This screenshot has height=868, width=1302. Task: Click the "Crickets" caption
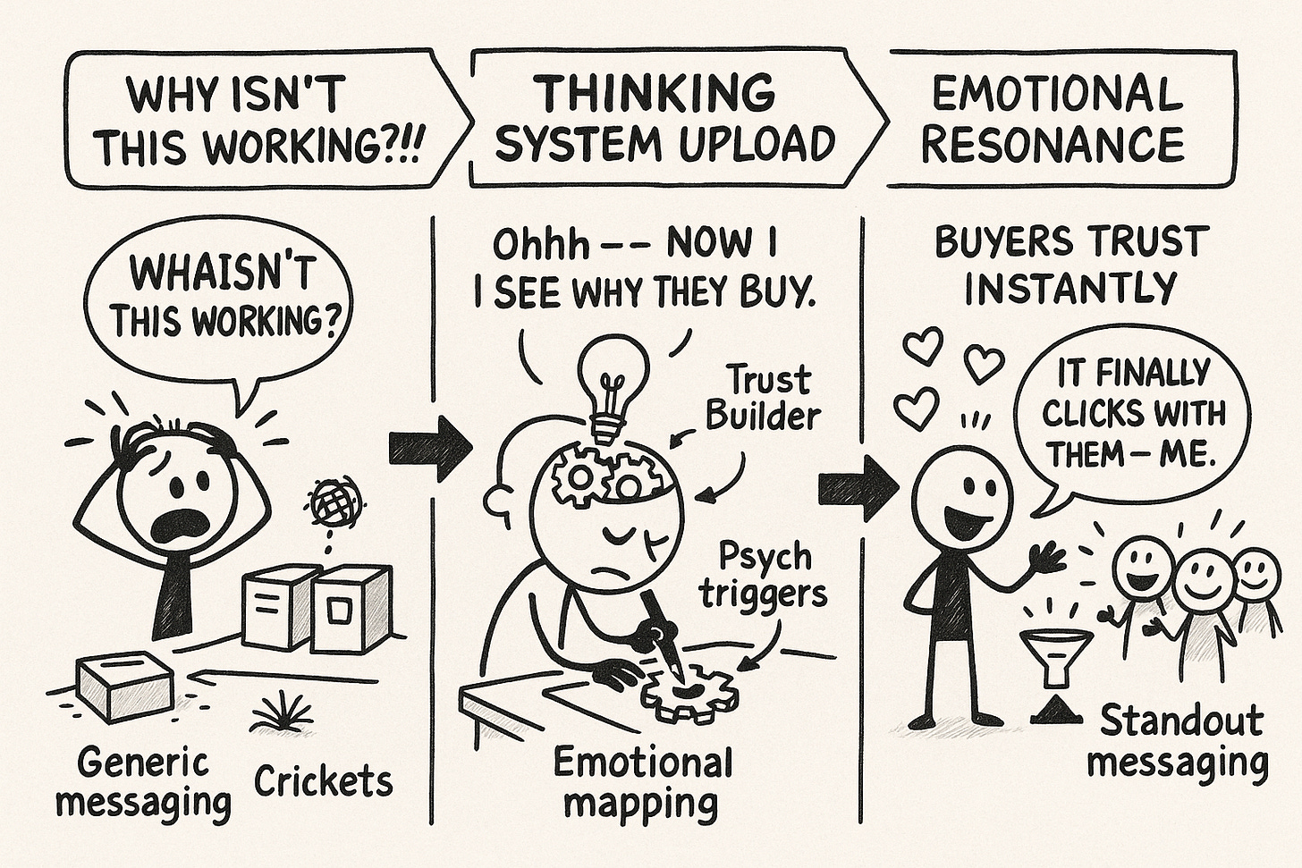(x=323, y=781)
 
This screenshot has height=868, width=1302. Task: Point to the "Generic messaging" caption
(x=143, y=782)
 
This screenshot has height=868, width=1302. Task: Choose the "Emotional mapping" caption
(x=642, y=783)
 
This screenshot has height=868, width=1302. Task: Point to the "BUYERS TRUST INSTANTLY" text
(x=1071, y=264)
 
